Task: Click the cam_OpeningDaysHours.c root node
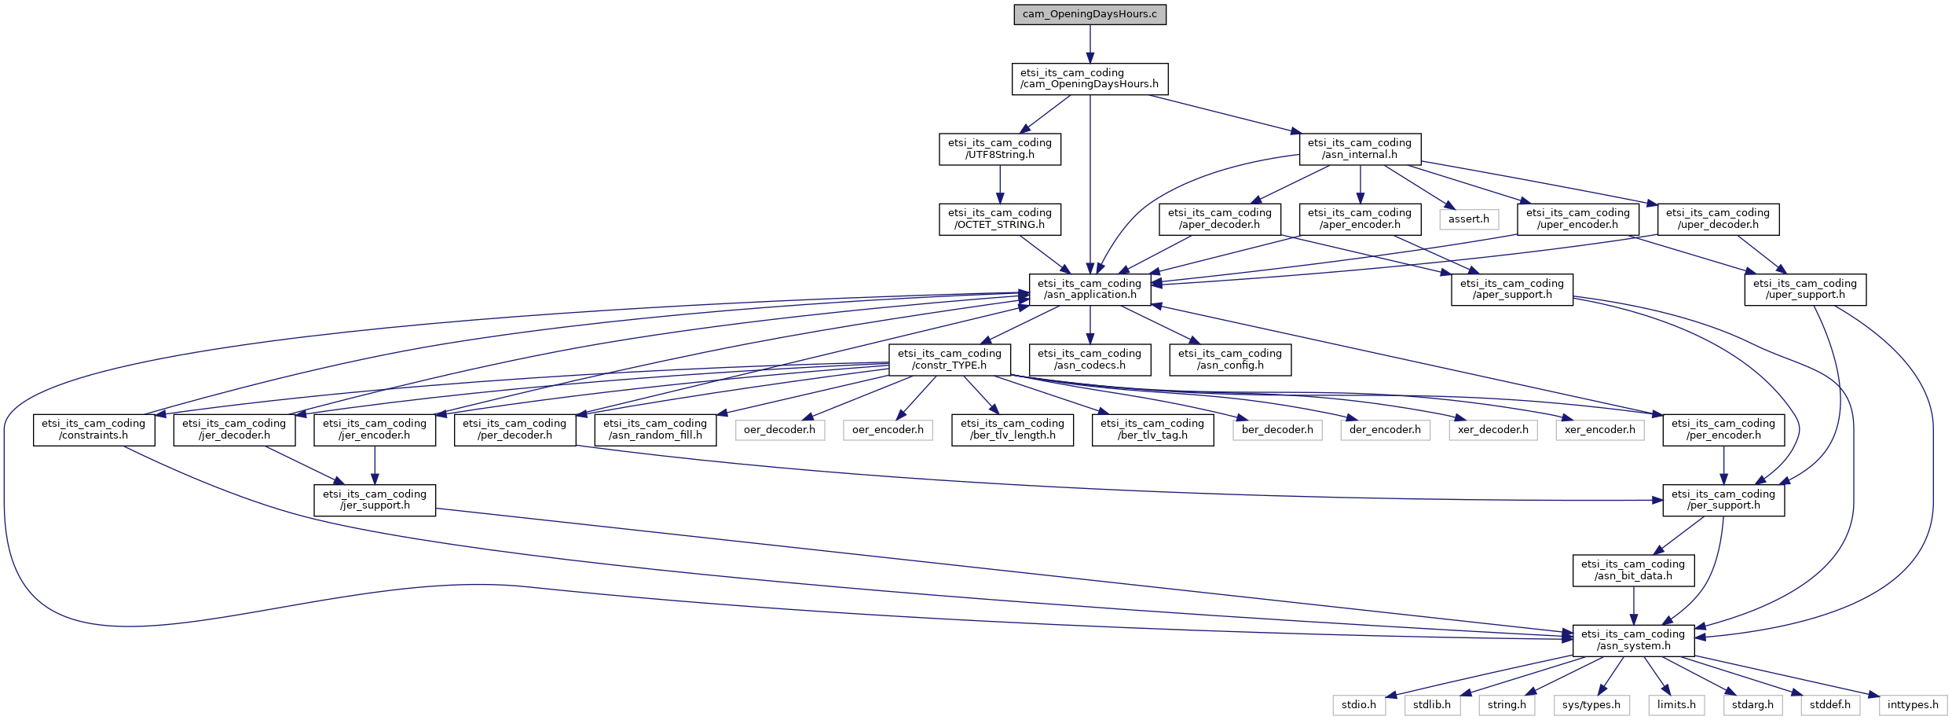(1090, 15)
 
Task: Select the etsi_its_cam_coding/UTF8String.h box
(999, 149)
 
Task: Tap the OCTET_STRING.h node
(999, 219)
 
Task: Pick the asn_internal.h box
(1359, 149)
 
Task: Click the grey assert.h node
(1468, 219)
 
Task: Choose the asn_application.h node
(1090, 289)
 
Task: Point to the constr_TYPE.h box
(949, 359)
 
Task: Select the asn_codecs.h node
(1090, 359)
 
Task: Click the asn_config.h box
(1229, 359)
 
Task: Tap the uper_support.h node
(1804, 289)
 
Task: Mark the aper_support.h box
(1511, 289)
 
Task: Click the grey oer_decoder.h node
(779, 430)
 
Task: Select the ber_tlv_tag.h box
(1152, 429)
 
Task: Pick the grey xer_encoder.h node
(1599, 430)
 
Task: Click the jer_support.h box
(374, 500)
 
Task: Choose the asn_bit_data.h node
(1632, 570)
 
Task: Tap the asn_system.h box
(1632, 640)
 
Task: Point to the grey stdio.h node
(1358, 705)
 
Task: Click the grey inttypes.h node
(1913, 705)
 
